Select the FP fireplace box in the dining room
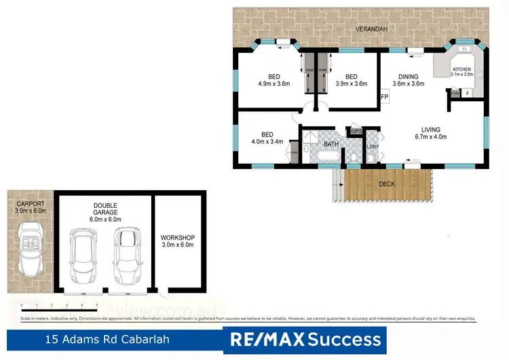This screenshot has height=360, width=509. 384,97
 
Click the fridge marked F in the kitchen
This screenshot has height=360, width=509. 468,93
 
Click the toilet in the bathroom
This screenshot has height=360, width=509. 354,158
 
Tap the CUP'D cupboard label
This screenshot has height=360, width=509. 356,131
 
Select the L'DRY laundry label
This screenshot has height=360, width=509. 372,147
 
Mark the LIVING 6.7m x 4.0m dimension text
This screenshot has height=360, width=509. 430,133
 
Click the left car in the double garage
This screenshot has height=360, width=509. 83,256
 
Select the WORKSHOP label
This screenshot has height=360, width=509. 177,241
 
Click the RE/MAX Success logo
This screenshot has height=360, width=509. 305,339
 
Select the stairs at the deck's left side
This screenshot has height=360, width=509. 337,185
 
